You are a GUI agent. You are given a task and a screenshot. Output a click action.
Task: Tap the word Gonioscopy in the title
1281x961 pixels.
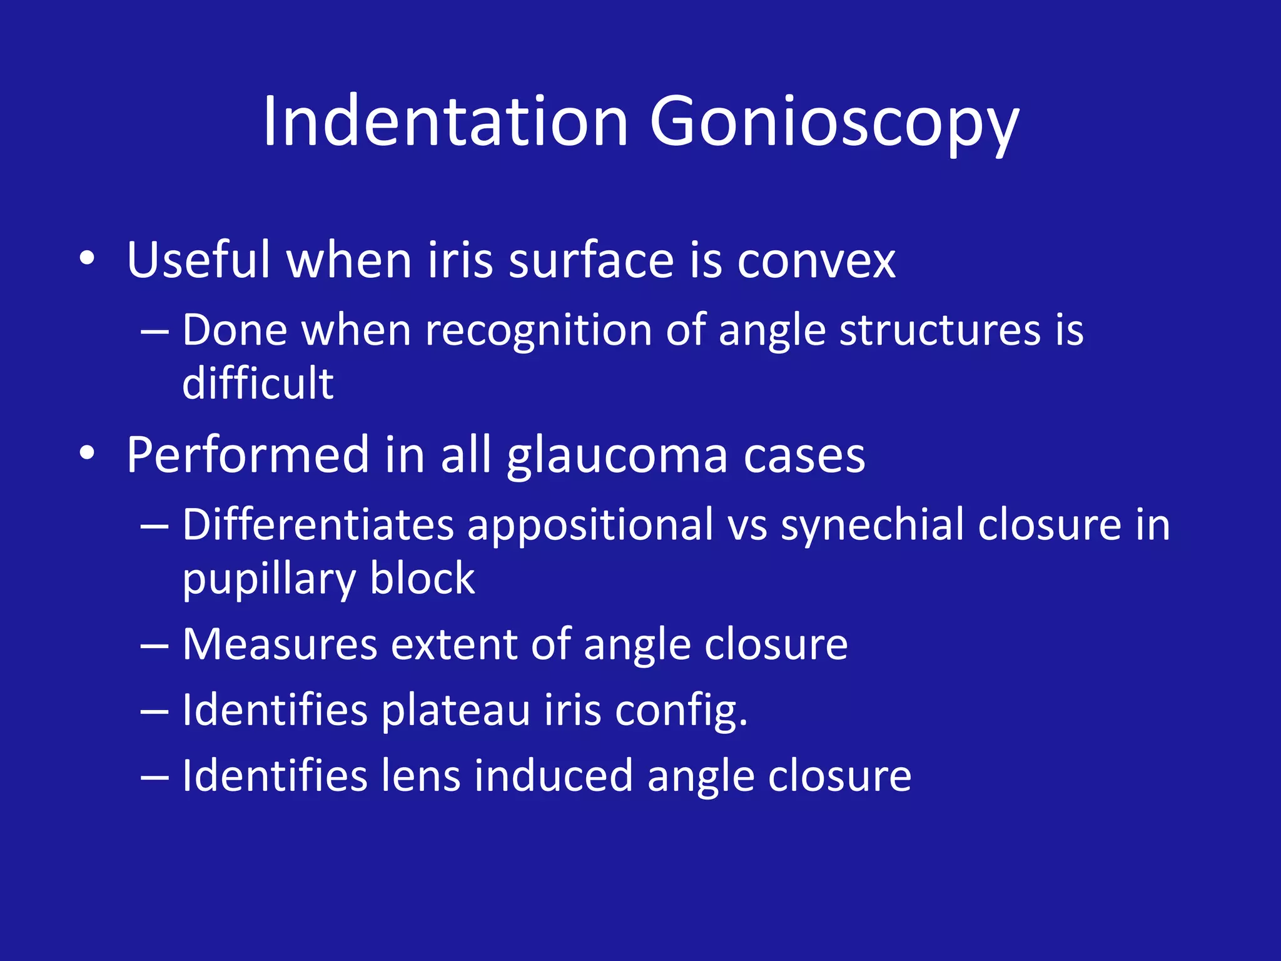834,123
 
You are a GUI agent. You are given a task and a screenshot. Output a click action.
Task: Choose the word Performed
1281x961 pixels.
248,455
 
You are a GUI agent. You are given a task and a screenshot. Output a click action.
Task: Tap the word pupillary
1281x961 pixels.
269,579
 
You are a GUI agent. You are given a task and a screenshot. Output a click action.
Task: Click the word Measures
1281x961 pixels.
280,644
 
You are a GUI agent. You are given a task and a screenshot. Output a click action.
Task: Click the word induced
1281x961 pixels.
553,776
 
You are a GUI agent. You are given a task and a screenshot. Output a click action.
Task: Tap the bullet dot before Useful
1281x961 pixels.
88,258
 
